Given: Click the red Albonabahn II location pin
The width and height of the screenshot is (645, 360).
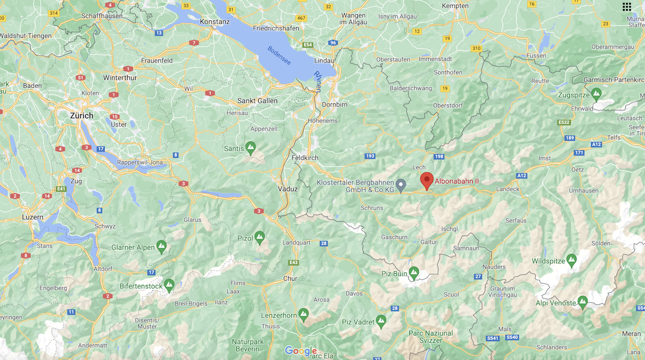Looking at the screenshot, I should click(427, 180).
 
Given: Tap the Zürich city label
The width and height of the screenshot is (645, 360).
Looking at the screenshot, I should click(82, 115).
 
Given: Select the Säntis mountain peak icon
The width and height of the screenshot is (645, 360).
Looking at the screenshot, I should click(250, 148).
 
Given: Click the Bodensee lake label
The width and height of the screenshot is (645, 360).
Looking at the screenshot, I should click(279, 55).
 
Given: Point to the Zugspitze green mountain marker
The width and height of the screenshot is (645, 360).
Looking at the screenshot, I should click(596, 94).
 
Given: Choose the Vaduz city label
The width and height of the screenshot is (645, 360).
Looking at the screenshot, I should click(288, 189).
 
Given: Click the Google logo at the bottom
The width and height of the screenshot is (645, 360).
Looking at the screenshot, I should click(300, 351).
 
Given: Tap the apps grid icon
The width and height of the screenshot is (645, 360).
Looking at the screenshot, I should click(626, 7).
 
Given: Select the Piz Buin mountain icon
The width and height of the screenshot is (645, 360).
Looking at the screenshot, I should click(414, 273).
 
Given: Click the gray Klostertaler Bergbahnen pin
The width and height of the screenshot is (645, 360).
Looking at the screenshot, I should click(401, 185).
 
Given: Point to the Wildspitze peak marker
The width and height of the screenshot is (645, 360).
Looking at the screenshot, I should click(571, 260).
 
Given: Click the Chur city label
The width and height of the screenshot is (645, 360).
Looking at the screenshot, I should click(290, 278).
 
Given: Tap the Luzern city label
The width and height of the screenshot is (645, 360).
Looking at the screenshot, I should click(33, 217).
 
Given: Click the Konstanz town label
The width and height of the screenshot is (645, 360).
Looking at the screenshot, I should click(215, 22).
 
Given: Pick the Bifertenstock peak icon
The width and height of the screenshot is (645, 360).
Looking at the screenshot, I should click(169, 285).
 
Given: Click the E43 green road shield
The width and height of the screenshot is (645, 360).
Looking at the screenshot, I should click(293, 263).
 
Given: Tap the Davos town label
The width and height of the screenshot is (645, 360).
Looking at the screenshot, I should click(354, 293).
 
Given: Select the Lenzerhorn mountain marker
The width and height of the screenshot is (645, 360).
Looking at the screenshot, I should click(303, 315).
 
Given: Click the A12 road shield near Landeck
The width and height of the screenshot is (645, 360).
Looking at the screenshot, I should click(522, 175).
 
